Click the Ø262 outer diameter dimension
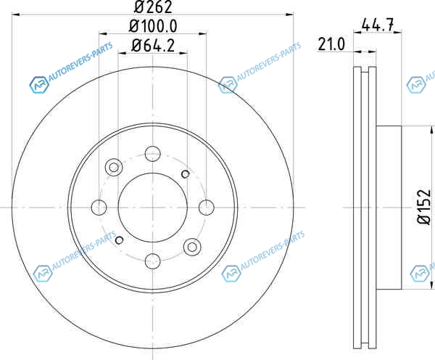click(153, 7)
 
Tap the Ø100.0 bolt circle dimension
click(153, 26)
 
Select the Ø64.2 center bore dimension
click(153, 45)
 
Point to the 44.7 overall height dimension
click(377, 25)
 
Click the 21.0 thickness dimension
click(331, 44)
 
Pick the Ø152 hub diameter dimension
click(424, 207)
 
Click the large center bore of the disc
click(153, 208)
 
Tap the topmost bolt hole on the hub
click(153, 153)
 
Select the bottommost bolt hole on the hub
click(153, 261)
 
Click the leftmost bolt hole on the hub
click(99, 208)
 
